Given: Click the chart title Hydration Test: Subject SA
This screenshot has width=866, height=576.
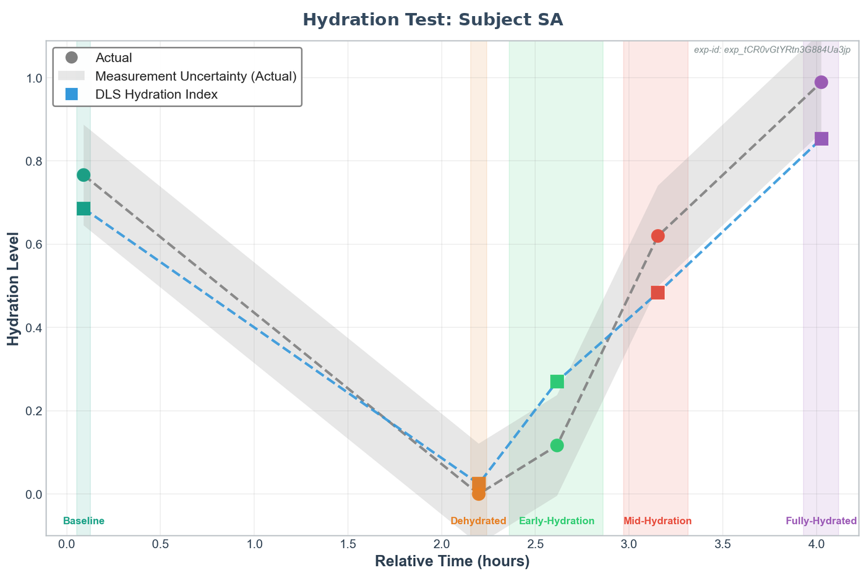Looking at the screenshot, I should (x=432, y=20).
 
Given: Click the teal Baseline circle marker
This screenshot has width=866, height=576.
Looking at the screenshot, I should (x=84, y=175).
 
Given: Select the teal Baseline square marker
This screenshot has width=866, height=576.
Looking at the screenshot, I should (x=84, y=208).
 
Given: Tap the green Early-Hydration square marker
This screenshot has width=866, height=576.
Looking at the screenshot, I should (x=557, y=381).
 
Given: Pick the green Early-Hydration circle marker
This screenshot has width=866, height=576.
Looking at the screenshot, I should (x=557, y=445).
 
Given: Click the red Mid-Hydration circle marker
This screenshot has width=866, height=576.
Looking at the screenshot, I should (x=658, y=236).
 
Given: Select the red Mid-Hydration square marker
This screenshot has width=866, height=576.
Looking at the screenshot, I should (x=658, y=293).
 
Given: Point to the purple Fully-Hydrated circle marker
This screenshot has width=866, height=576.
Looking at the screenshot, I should (x=821, y=82).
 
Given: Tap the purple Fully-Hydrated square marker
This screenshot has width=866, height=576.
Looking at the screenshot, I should (x=821, y=139).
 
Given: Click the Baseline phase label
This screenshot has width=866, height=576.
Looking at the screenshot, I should (x=84, y=521).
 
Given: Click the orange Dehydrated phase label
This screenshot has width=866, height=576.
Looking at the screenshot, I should (x=478, y=521).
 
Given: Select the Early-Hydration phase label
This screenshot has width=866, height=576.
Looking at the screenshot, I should (x=557, y=521).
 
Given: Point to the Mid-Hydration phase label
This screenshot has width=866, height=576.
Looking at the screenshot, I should (x=658, y=521).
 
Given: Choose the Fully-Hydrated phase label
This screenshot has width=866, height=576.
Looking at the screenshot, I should (x=821, y=521).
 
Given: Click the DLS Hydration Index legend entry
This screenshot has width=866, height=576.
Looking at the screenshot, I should (x=156, y=94).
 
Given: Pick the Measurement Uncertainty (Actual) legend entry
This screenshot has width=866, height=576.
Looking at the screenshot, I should (x=195, y=76).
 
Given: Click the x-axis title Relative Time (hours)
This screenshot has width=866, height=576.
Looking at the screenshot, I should (x=452, y=561).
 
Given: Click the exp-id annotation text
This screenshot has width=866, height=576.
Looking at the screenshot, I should (x=772, y=49).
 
